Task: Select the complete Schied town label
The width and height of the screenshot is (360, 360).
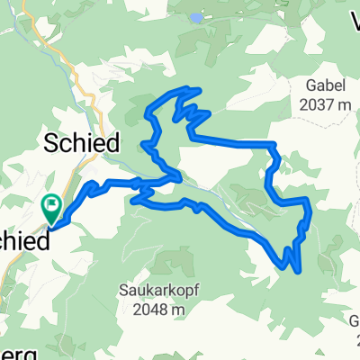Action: [x=82, y=143]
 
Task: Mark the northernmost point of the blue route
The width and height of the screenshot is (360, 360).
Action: [x=189, y=88]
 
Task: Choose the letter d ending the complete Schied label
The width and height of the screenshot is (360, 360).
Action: [x=112, y=143]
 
